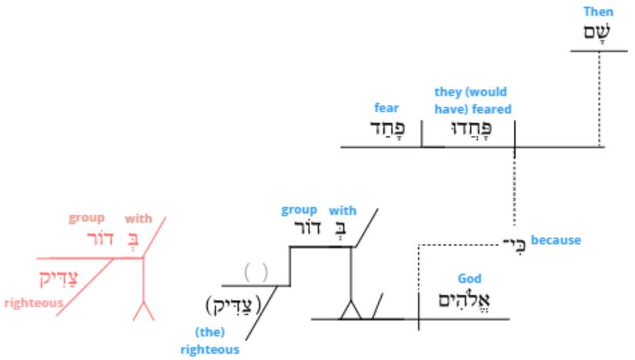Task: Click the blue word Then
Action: [598, 12]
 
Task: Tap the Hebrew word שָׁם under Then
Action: [597, 32]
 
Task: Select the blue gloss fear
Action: [386, 108]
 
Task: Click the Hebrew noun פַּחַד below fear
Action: [388, 128]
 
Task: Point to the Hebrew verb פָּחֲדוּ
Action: [471, 128]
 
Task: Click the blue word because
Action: [556, 240]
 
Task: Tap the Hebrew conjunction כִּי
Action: [514, 244]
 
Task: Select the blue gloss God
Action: [470, 278]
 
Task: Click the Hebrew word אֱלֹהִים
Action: [464, 301]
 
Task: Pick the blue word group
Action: [299, 210]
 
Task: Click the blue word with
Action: [343, 211]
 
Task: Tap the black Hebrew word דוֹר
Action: [307, 228]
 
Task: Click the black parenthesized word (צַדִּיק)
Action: [234, 305]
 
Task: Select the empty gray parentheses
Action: [256, 272]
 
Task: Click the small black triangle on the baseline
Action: [351, 310]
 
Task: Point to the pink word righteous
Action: [34, 303]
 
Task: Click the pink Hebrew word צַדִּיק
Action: [58, 278]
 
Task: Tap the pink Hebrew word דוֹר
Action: [100, 238]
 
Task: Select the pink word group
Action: [87, 218]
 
